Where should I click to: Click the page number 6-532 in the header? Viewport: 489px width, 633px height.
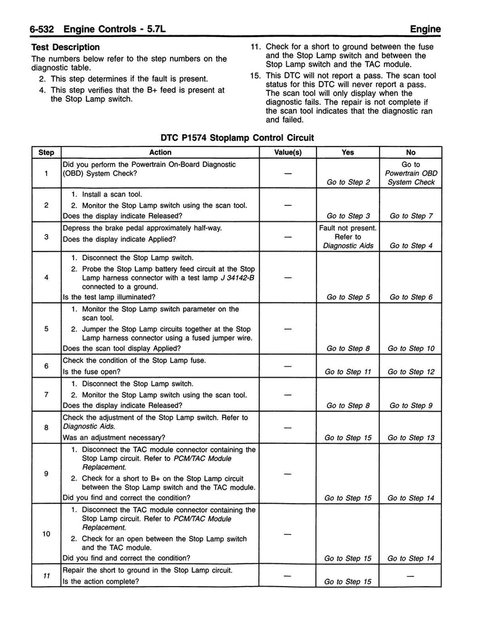[37, 28]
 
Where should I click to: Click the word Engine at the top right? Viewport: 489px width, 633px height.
[425, 28]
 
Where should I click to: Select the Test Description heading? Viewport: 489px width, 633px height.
[65, 47]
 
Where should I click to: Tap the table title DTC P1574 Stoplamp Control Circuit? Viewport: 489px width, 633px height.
[237, 138]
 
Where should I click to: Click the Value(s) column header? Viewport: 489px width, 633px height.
[287, 153]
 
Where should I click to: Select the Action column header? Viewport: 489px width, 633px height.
[160, 153]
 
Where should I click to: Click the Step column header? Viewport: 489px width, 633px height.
[46, 153]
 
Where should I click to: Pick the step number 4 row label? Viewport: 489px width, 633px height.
[46, 277]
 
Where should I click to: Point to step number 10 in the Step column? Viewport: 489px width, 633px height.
[46, 534]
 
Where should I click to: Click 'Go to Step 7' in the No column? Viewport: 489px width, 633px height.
[410, 216]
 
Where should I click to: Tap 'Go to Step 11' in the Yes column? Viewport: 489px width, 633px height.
[347, 372]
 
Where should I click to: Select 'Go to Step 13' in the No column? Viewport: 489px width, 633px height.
[410, 438]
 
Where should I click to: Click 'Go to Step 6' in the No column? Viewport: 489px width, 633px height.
[410, 297]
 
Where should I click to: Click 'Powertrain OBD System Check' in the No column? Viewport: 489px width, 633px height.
[410, 177]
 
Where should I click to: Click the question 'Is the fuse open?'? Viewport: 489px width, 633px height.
[91, 372]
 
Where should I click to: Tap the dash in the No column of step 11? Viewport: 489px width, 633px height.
[410, 576]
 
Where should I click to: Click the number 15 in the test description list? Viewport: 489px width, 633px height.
[255, 75]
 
